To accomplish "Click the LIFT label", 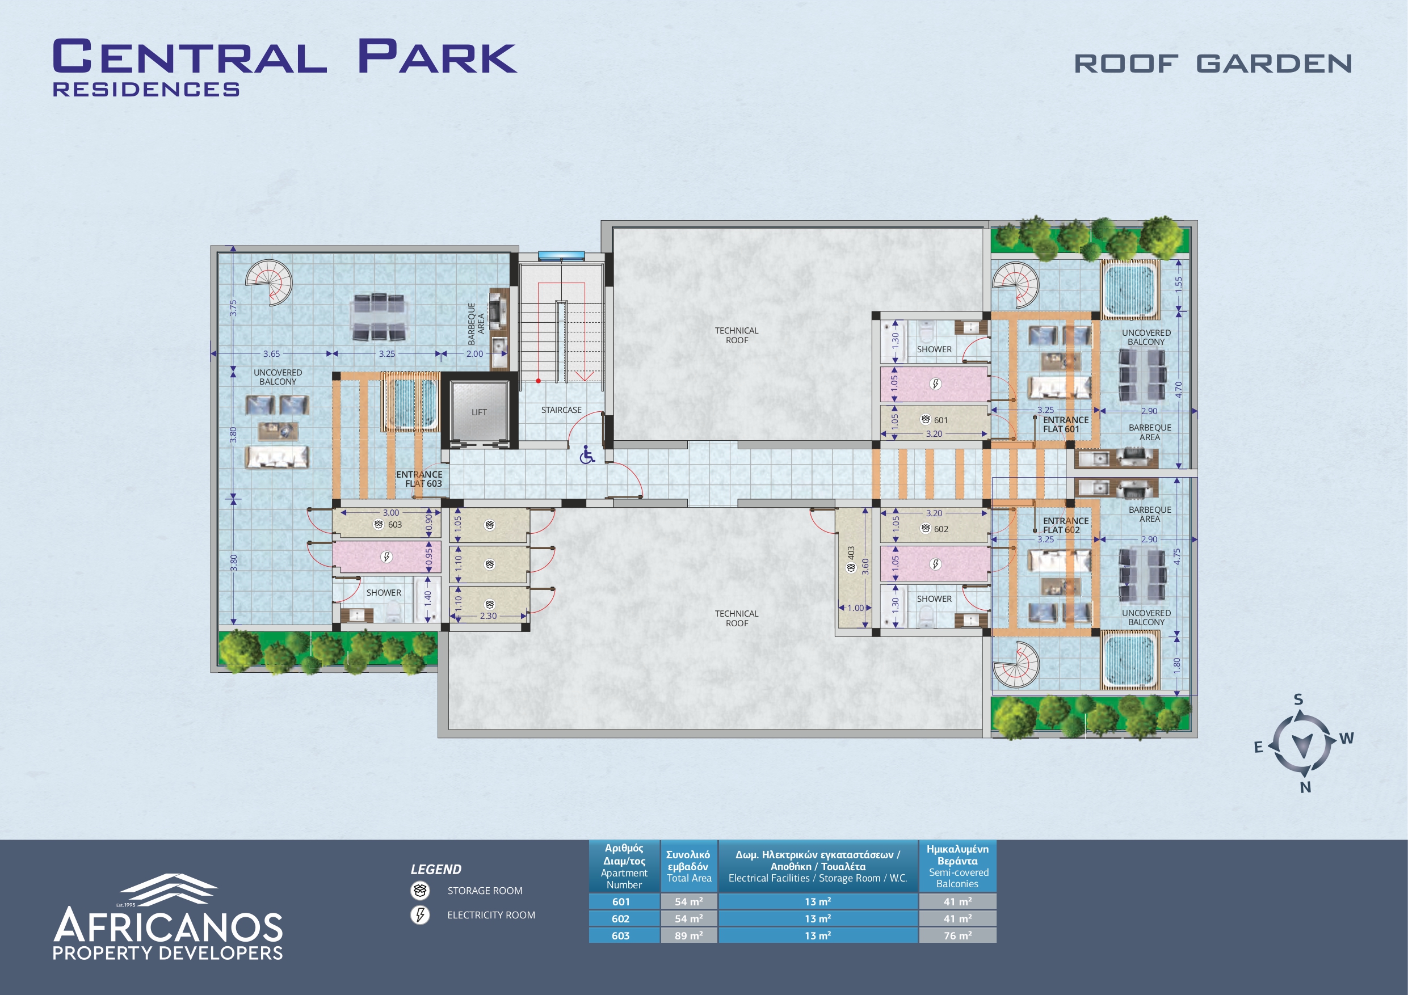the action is (479, 412).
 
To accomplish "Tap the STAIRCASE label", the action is (561, 410).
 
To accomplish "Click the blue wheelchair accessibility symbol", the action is (587, 455).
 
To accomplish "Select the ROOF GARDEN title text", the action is (1213, 64).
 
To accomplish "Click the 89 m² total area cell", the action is (688, 935).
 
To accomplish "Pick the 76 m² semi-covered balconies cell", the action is (957, 935).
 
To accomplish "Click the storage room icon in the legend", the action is (420, 890).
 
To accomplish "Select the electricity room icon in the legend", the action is (420, 914).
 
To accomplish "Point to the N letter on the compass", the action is (1306, 787).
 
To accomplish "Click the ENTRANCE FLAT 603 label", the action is (419, 479).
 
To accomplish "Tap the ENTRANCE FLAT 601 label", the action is (1066, 424).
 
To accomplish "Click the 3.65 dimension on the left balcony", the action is (271, 354).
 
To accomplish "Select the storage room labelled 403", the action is (851, 567).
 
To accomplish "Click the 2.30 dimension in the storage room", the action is (488, 615).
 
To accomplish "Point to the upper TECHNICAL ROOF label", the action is (737, 335).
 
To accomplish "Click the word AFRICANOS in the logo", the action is (168, 925).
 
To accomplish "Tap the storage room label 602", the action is (941, 529).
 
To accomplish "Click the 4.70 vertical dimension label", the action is (1178, 389).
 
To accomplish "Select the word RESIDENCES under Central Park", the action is (146, 90).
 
